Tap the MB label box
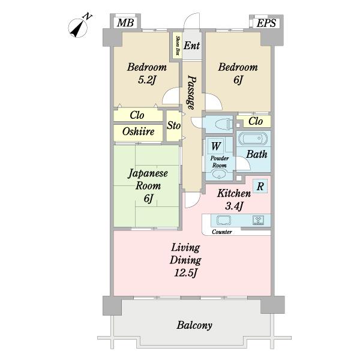tap(125, 23)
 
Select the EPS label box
tap(266, 23)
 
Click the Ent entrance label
tap(192, 46)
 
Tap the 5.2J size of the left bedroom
tap(147, 80)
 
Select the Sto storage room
tap(174, 126)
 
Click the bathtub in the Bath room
tap(253, 139)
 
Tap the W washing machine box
tap(216, 146)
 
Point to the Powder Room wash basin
tap(219, 173)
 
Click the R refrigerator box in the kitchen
tap(260, 186)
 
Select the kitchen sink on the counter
tap(223, 220)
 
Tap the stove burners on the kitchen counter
tap(258, 220)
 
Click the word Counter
tap(222, 232)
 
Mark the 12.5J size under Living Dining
tap(185, 273)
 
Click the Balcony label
tap(194, 325)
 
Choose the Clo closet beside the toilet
tap(256, 121)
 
